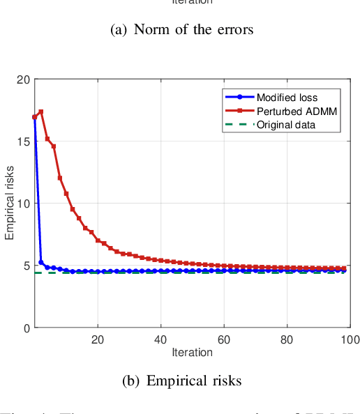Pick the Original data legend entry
286,125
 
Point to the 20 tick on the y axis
23,79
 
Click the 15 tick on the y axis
23,141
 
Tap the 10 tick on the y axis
23,204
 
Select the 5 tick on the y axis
26,266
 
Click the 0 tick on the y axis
26,328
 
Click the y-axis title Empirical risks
10,204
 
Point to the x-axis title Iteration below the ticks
192,353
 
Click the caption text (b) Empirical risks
181,381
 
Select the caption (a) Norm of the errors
183,29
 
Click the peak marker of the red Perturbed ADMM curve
41,112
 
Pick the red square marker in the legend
239,112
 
